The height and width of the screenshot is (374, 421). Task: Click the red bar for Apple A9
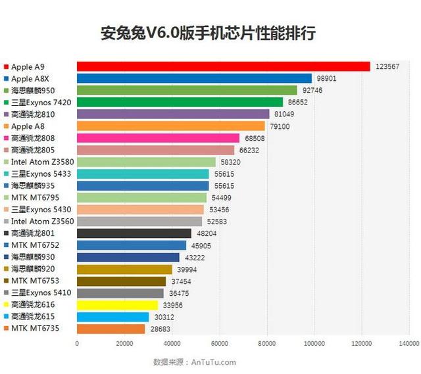click(224, 66)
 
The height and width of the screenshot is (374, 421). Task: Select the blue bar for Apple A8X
click(194, 78)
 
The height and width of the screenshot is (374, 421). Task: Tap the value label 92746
click(312, 90)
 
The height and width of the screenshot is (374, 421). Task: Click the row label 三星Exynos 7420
click(41, 103)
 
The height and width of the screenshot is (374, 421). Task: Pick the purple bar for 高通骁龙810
click(173, 114)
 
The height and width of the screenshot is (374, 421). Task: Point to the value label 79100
click(280, 126)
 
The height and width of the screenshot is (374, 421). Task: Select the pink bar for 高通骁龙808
click(158, 138)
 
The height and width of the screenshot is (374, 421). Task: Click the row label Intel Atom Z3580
click(41, 162)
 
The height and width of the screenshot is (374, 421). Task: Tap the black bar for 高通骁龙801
click(134, 233)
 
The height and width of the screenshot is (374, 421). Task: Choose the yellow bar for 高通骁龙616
click(117, 305)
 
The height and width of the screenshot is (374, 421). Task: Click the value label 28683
click(159, 329)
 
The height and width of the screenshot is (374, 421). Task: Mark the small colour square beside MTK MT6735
click(6, 329)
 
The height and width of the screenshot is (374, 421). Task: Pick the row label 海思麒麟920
click(33, 269)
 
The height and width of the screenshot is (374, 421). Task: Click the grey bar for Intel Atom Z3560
click(139, 222)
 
